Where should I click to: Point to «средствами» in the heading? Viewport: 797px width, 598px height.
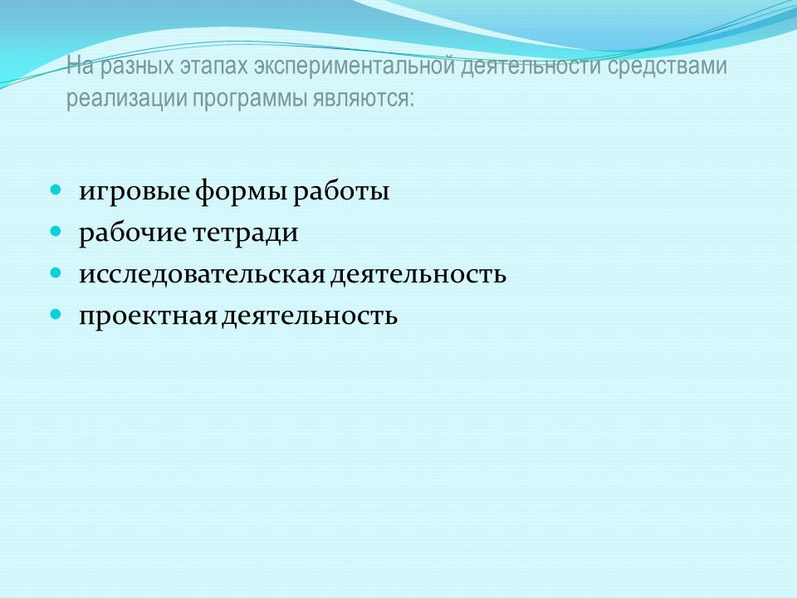tap(667, 66)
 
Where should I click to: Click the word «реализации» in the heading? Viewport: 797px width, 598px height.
tap(126, 98)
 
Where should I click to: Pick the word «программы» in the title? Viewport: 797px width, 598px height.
tap(249, 99)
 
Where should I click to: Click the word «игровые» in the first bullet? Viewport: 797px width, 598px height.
tap(134, 192)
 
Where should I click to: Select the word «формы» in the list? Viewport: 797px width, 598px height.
tap(242, 192)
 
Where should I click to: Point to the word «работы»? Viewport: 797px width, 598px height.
tap(341, 191)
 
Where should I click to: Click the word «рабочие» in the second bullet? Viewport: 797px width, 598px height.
tap(133, 233)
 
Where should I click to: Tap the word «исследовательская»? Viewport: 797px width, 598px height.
tap(203, 275)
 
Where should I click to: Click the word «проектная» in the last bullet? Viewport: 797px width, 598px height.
tap(149, 316)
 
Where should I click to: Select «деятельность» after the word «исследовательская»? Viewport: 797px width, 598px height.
tap(418, 275)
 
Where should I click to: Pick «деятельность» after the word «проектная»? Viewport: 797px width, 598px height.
tap(310, 316)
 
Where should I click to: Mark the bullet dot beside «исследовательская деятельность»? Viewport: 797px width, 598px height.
tap(56, 273)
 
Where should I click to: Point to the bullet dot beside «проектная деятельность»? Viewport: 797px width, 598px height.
tap(56, 314)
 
